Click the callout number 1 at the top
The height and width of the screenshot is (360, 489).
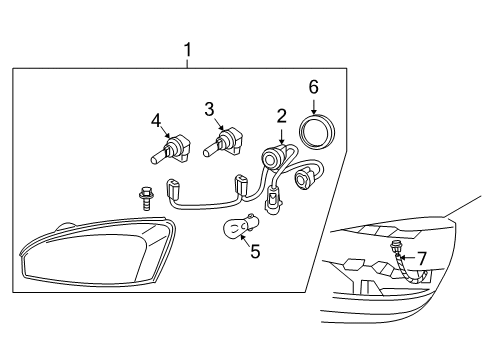tap(188, 50)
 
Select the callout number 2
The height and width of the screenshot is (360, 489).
tap(282, 117)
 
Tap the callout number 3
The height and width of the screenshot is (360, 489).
tap(209, 109)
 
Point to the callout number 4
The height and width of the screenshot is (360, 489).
tap(156, 121)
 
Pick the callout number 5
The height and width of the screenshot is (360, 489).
tap(255, 251)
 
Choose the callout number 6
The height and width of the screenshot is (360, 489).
tap(314, 87)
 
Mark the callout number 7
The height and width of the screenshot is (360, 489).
tap(422, 259)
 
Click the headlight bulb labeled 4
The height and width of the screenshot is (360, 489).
tap(170, 149)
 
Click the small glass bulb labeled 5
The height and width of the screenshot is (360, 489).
tap(238, 226)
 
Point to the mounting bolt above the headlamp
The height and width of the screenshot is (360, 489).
tap(146, 198)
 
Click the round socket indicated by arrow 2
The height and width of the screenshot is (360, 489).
tap(273, 157)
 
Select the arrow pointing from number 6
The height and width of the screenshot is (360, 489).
tap(314, 106)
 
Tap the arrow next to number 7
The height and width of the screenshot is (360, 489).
tap(408, 258)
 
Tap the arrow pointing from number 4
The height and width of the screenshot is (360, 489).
tap(165, 131)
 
